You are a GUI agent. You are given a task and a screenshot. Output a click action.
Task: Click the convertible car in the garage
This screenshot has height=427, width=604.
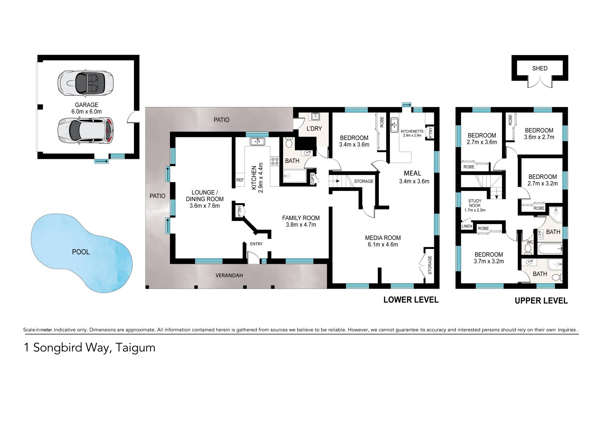[85, 83]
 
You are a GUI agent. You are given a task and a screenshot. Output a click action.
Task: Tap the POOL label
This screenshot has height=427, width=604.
[81, 252]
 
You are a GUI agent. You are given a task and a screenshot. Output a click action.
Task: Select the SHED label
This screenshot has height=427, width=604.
[540, 68]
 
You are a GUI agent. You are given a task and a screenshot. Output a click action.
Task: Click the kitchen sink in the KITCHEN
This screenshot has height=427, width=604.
[258, 142]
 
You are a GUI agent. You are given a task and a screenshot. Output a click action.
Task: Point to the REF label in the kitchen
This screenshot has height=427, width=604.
[240, 180]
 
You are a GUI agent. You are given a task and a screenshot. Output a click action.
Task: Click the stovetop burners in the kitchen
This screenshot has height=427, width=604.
[275, 161]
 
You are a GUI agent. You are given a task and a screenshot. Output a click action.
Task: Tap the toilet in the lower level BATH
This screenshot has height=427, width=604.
[289, 143]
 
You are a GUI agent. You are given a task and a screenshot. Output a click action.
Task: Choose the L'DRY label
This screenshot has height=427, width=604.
[314, 129]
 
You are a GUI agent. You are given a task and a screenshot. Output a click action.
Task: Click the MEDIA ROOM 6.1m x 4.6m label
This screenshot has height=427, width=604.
[383, 241]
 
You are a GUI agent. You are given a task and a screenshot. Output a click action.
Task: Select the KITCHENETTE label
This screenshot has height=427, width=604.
[412, 132]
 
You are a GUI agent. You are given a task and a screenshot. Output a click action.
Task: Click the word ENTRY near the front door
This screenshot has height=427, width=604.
[256, 244]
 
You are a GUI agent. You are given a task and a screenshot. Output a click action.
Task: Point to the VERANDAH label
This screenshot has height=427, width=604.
[229, 275]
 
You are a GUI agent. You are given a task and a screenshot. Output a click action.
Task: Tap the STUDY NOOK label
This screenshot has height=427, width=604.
[475, 203]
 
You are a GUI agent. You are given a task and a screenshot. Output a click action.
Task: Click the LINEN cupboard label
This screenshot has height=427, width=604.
[467, 226]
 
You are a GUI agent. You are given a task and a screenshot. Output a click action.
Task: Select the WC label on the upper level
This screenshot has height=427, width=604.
[530, 242]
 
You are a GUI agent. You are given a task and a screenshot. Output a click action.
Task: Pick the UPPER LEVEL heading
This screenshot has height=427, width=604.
[541, 301]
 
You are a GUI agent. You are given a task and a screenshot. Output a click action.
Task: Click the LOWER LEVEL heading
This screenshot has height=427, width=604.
[411, 300]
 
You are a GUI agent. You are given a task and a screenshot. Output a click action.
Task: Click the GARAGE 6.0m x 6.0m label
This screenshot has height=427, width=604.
[86, 108]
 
